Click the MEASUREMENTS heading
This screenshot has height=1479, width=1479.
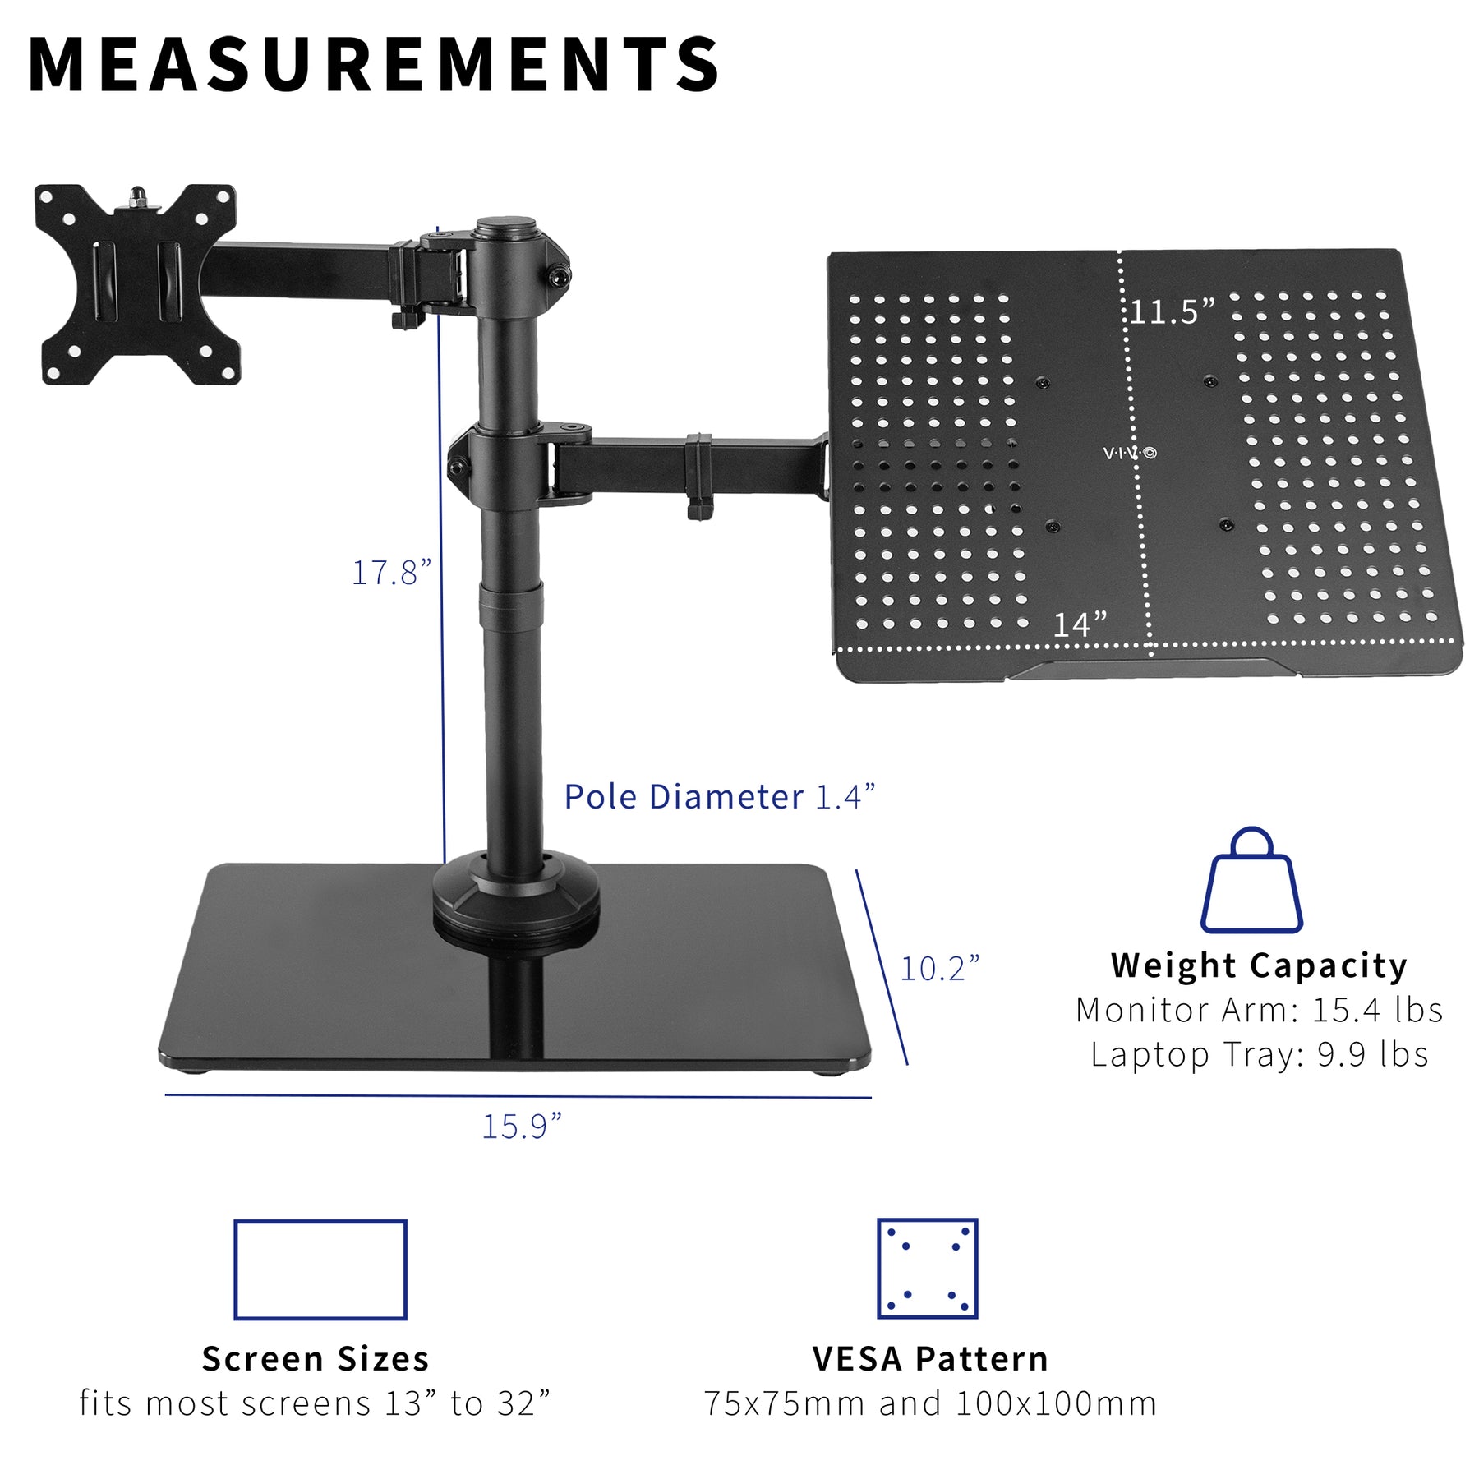[374, 66]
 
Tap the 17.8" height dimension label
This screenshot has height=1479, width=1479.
[391, 573]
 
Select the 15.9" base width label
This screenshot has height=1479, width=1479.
[522, 1127]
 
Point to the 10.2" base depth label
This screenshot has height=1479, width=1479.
[940, 969]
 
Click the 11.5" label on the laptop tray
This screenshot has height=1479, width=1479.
[1172, 312]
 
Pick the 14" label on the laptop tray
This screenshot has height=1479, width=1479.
[1080, 624]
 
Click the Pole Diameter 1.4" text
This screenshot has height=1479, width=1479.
[719, 797]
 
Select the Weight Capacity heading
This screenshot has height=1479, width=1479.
[1259, 965]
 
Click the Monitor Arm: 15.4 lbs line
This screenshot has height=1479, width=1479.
[1259, 1010]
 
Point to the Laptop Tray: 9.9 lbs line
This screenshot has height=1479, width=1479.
[1259, 1054]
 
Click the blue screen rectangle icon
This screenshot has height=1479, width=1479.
[320, 1269]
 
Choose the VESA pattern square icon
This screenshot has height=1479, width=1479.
[928, 1268]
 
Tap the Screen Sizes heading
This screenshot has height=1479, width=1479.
[316, 1360]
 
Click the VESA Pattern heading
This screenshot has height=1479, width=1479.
[930, 1360]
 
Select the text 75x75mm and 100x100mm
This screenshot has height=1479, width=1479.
[930, 1404]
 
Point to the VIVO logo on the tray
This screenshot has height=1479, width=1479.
[1129, 453]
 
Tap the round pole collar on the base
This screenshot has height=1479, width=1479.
[516, 896]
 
